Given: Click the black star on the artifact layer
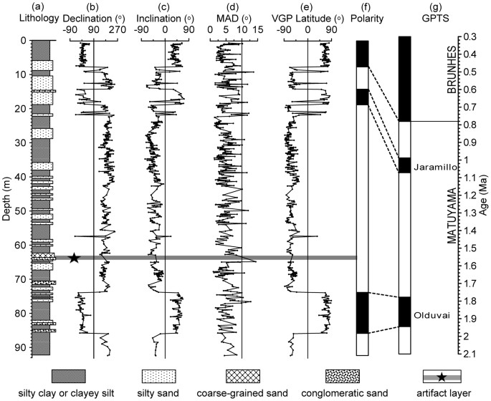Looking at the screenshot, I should (73, 258).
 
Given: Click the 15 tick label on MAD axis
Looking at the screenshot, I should (257, 31).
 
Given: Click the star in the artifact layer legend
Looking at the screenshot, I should (442, 377).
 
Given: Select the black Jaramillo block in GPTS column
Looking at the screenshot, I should (404, 165).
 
